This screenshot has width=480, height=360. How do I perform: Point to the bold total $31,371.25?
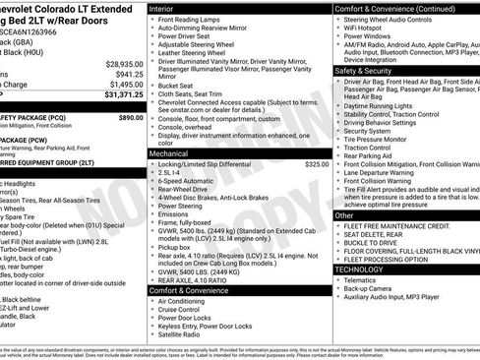coord(120,95)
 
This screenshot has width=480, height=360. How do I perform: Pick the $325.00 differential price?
coord(317,163)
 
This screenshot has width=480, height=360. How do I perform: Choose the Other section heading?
coord(345,214)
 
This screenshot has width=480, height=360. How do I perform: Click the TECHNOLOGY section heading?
coord(359,268)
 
